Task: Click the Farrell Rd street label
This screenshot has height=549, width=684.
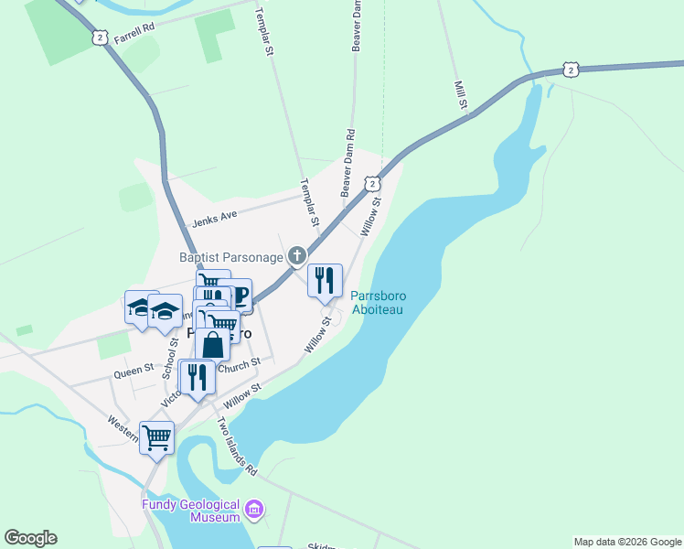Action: coord(135,27)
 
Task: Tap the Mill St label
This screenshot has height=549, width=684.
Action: coord(461,97)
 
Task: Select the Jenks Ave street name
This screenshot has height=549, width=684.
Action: coord(214,217)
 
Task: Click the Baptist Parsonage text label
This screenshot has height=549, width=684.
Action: coord(230,257)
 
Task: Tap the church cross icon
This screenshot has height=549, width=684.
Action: coord(296,256)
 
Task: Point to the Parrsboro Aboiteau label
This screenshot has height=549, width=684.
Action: coord(378,303)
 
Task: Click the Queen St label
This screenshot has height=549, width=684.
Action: coord(132,373)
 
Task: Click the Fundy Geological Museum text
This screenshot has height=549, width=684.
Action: coord(190,511)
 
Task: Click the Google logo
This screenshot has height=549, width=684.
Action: coord(30,538)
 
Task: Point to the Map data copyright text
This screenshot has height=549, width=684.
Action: coord(626,542)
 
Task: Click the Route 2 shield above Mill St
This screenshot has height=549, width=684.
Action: coord(571,70)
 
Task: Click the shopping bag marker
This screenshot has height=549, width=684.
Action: coord(212,345)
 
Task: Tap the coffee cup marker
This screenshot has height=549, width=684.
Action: coord(238,296)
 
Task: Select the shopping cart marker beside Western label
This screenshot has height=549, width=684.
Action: coord(156,437)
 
